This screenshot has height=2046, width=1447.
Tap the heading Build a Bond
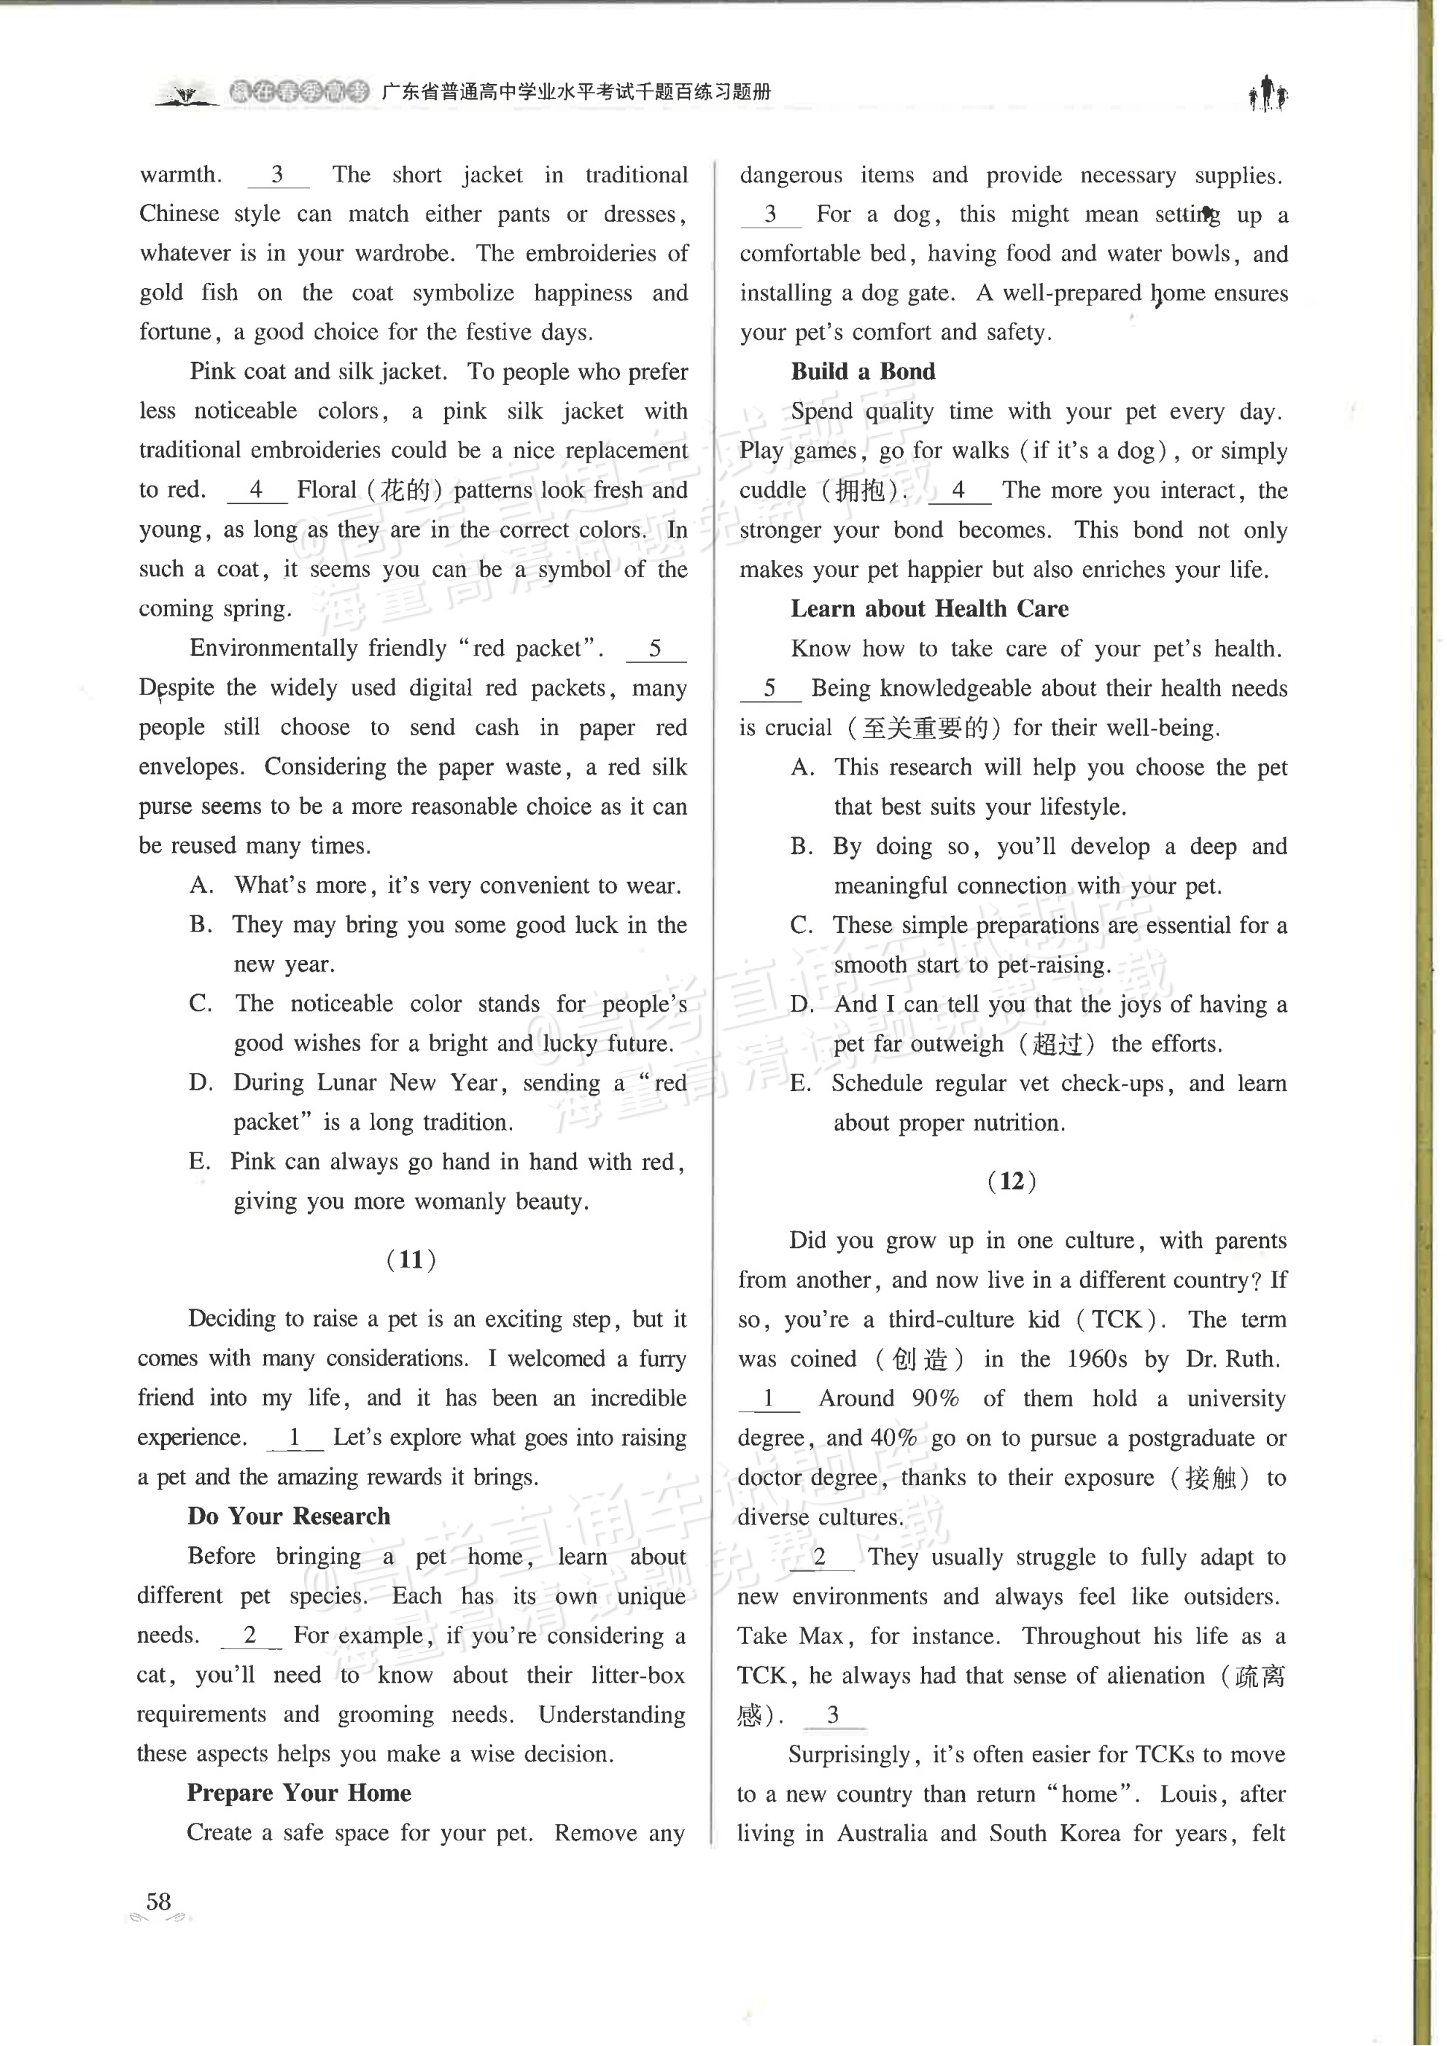click(x=863, y=371)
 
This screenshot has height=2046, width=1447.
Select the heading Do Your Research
click(x=289, y=1516)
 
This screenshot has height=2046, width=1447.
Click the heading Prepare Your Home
click(x=298, y=1792)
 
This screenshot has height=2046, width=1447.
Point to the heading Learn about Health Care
click(x=929, y=608)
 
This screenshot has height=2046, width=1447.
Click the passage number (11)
click(x=411, y=1259)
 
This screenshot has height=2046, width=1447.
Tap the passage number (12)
click(x=1012, y=1181)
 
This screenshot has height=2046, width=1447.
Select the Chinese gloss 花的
click(x=406, y=490)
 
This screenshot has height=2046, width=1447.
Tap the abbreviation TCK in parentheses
click(x=1117, y=1319)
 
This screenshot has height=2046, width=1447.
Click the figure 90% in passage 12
click(x=935, y=1398)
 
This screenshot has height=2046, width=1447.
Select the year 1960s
click(x=1096, y=1359)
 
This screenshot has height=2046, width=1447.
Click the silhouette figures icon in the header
click(x=1267, y=93)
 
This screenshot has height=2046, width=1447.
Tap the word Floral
click(x=326, y=490)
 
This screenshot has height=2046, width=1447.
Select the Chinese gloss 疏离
click(x=1259, y=1676)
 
